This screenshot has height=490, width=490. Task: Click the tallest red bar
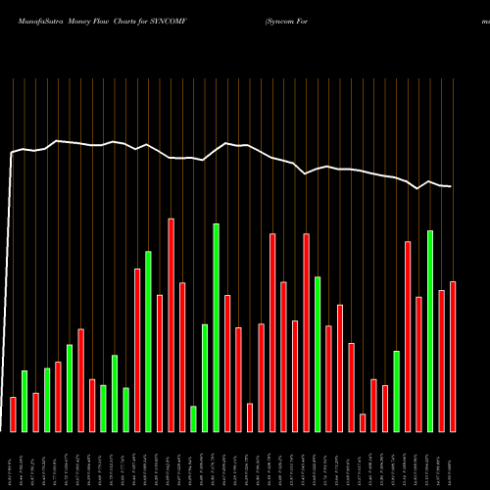[171, 324]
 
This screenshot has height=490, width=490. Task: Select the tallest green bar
[216, 327]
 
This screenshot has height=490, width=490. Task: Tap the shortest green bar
[193, 418]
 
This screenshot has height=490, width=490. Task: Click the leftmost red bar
[13, 414]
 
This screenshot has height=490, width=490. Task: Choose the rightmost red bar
[453, 356]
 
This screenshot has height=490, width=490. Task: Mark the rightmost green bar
[430, 330]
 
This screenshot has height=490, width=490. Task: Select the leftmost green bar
[24, 401]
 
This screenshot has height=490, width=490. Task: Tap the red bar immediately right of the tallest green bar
[227, 363]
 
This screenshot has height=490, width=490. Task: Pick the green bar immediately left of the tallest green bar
[205, 377]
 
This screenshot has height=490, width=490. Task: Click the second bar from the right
[442, 361]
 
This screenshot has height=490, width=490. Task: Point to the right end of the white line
[452, 186]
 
